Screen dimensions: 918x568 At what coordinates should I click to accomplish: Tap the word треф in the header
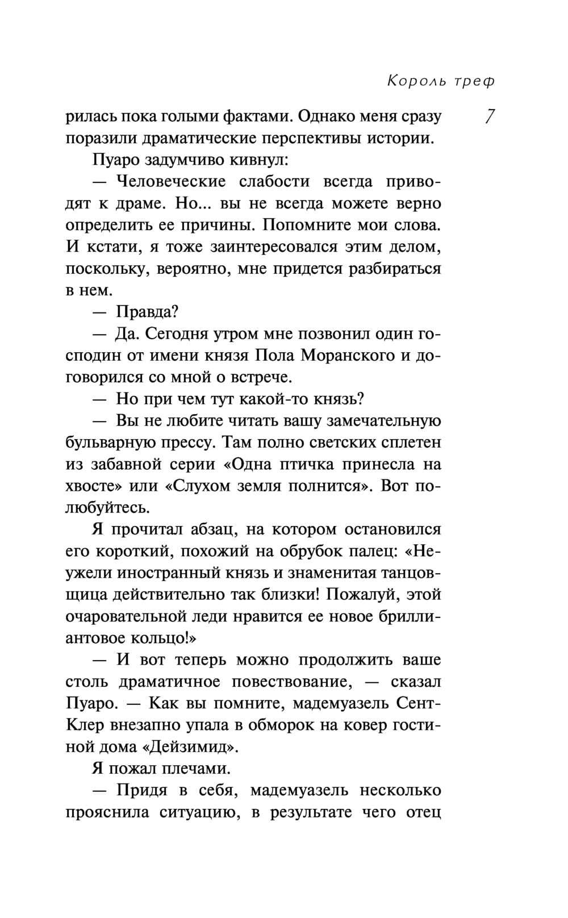click(x=474, y=81)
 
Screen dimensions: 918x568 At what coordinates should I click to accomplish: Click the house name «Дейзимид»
click(x=192, y=746)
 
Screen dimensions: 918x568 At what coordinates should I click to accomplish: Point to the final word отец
click(x=423, y=812)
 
